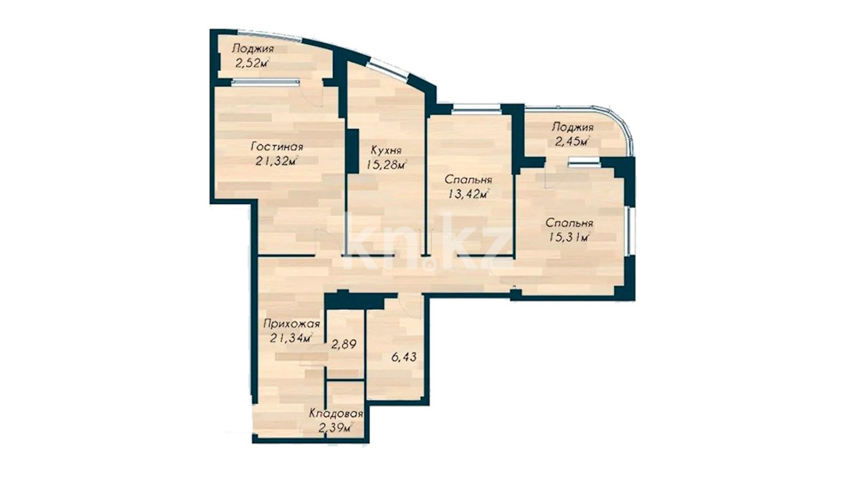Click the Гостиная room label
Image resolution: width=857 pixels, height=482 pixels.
coord(277,146)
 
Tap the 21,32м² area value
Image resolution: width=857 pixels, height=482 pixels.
coord(277,160)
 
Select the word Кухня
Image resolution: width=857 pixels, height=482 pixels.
coord(386,150)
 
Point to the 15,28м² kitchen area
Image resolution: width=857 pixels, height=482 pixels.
coord(386,164)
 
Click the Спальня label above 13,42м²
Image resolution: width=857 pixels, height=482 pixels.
coord(468,180)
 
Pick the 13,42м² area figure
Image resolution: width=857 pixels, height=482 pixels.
coord(468,194)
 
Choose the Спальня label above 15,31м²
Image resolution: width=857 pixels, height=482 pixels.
coord(570,223)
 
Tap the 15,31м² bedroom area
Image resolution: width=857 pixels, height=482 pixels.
coord(570,237)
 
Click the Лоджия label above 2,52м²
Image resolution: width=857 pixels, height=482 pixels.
coord(252,48)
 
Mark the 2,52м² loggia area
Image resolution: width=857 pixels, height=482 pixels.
coord(252,63)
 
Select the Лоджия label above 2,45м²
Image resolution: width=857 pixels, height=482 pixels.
coord(573,128)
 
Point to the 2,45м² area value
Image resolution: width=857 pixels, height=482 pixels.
coord(573,142)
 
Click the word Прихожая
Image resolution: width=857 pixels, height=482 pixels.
coord(291,324)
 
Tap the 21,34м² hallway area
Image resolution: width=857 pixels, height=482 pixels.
coord(291,338)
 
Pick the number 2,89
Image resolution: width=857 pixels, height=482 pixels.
coord(344,344)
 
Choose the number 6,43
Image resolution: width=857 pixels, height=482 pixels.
coord(404,357)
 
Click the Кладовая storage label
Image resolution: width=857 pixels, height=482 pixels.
coord(336,413)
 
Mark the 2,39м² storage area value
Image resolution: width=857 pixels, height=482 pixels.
coord(336,428)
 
